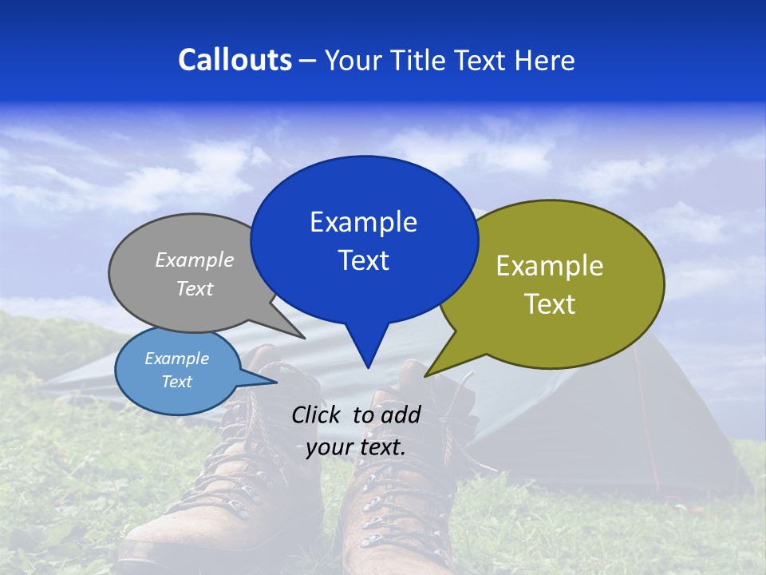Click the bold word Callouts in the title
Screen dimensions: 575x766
click(x=235, y=60)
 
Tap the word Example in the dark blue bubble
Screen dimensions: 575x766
click(x=363, y=222)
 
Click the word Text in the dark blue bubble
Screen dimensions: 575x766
click(x=363, y=260)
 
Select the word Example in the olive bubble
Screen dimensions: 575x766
click(x=550, y=266)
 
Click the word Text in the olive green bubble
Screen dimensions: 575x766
click(x=550, y=304)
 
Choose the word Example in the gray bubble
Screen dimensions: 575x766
click(x=195, y=260)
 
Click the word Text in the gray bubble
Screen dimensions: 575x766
click(x=195, y=288)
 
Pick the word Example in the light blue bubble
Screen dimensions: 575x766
click(x=176, y=359)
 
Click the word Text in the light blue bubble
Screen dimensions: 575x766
click(x=176, y=382)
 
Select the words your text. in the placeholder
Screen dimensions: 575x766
click(x=356, y=447)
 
